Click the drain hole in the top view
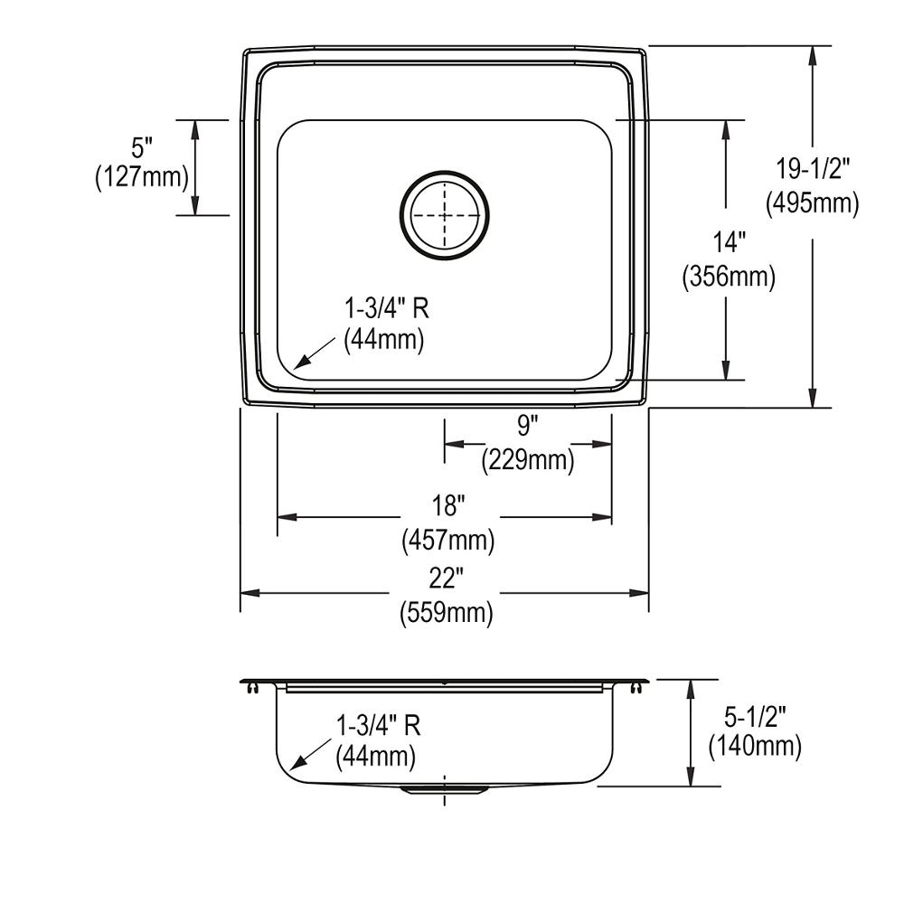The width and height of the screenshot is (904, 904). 445,215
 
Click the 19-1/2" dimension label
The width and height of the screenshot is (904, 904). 812,167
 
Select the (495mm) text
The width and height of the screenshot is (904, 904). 812,203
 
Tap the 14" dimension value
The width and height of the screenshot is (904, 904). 728,242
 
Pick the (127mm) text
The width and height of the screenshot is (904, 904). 142,177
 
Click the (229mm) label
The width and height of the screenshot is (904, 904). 528,460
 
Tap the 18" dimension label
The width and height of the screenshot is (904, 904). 447,504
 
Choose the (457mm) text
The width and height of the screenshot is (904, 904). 447,541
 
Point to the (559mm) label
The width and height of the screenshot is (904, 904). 447,614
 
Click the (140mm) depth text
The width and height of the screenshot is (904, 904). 755,747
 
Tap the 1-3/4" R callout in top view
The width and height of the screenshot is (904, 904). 385,308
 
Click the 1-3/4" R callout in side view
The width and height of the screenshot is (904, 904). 378,724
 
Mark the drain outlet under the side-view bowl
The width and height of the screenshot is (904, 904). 445,790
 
